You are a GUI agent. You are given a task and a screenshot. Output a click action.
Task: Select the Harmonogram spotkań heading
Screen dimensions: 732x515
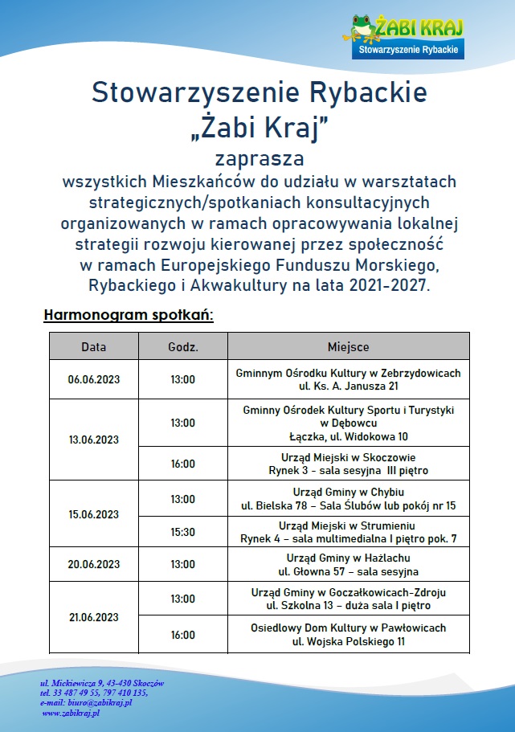[x=129, y=314]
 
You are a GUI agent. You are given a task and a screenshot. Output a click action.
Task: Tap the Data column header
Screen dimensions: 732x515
[x=93, y=347]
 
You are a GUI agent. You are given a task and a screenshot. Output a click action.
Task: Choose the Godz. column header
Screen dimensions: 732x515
[x=183, y=347]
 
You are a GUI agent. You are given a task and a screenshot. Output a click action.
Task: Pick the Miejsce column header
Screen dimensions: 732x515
[x=349, y=347]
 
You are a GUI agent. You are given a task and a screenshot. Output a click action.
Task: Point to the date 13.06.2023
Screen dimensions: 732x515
[x=93, y=440]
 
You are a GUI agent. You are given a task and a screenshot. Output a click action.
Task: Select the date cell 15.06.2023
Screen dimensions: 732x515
[x=93, y=514]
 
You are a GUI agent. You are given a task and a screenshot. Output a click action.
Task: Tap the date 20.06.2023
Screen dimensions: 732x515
[x=93, y=565]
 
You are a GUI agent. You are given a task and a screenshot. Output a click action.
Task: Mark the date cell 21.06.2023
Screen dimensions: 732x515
[x=93, y=617]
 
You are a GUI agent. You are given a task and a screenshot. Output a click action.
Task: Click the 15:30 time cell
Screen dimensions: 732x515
[x=183, y=532]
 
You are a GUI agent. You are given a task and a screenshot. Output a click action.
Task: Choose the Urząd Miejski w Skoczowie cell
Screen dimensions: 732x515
[x=349, y=463]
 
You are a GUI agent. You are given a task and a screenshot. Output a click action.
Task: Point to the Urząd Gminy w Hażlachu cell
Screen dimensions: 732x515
[x=349, y=565]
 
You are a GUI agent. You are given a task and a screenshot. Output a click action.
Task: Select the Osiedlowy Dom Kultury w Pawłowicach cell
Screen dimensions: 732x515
[x=349, y=635]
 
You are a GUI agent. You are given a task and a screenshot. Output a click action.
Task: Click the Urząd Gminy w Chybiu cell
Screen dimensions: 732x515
[x=349, y=498]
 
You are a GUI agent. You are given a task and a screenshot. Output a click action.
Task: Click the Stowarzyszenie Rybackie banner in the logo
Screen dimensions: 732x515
[x=409, y=50]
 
